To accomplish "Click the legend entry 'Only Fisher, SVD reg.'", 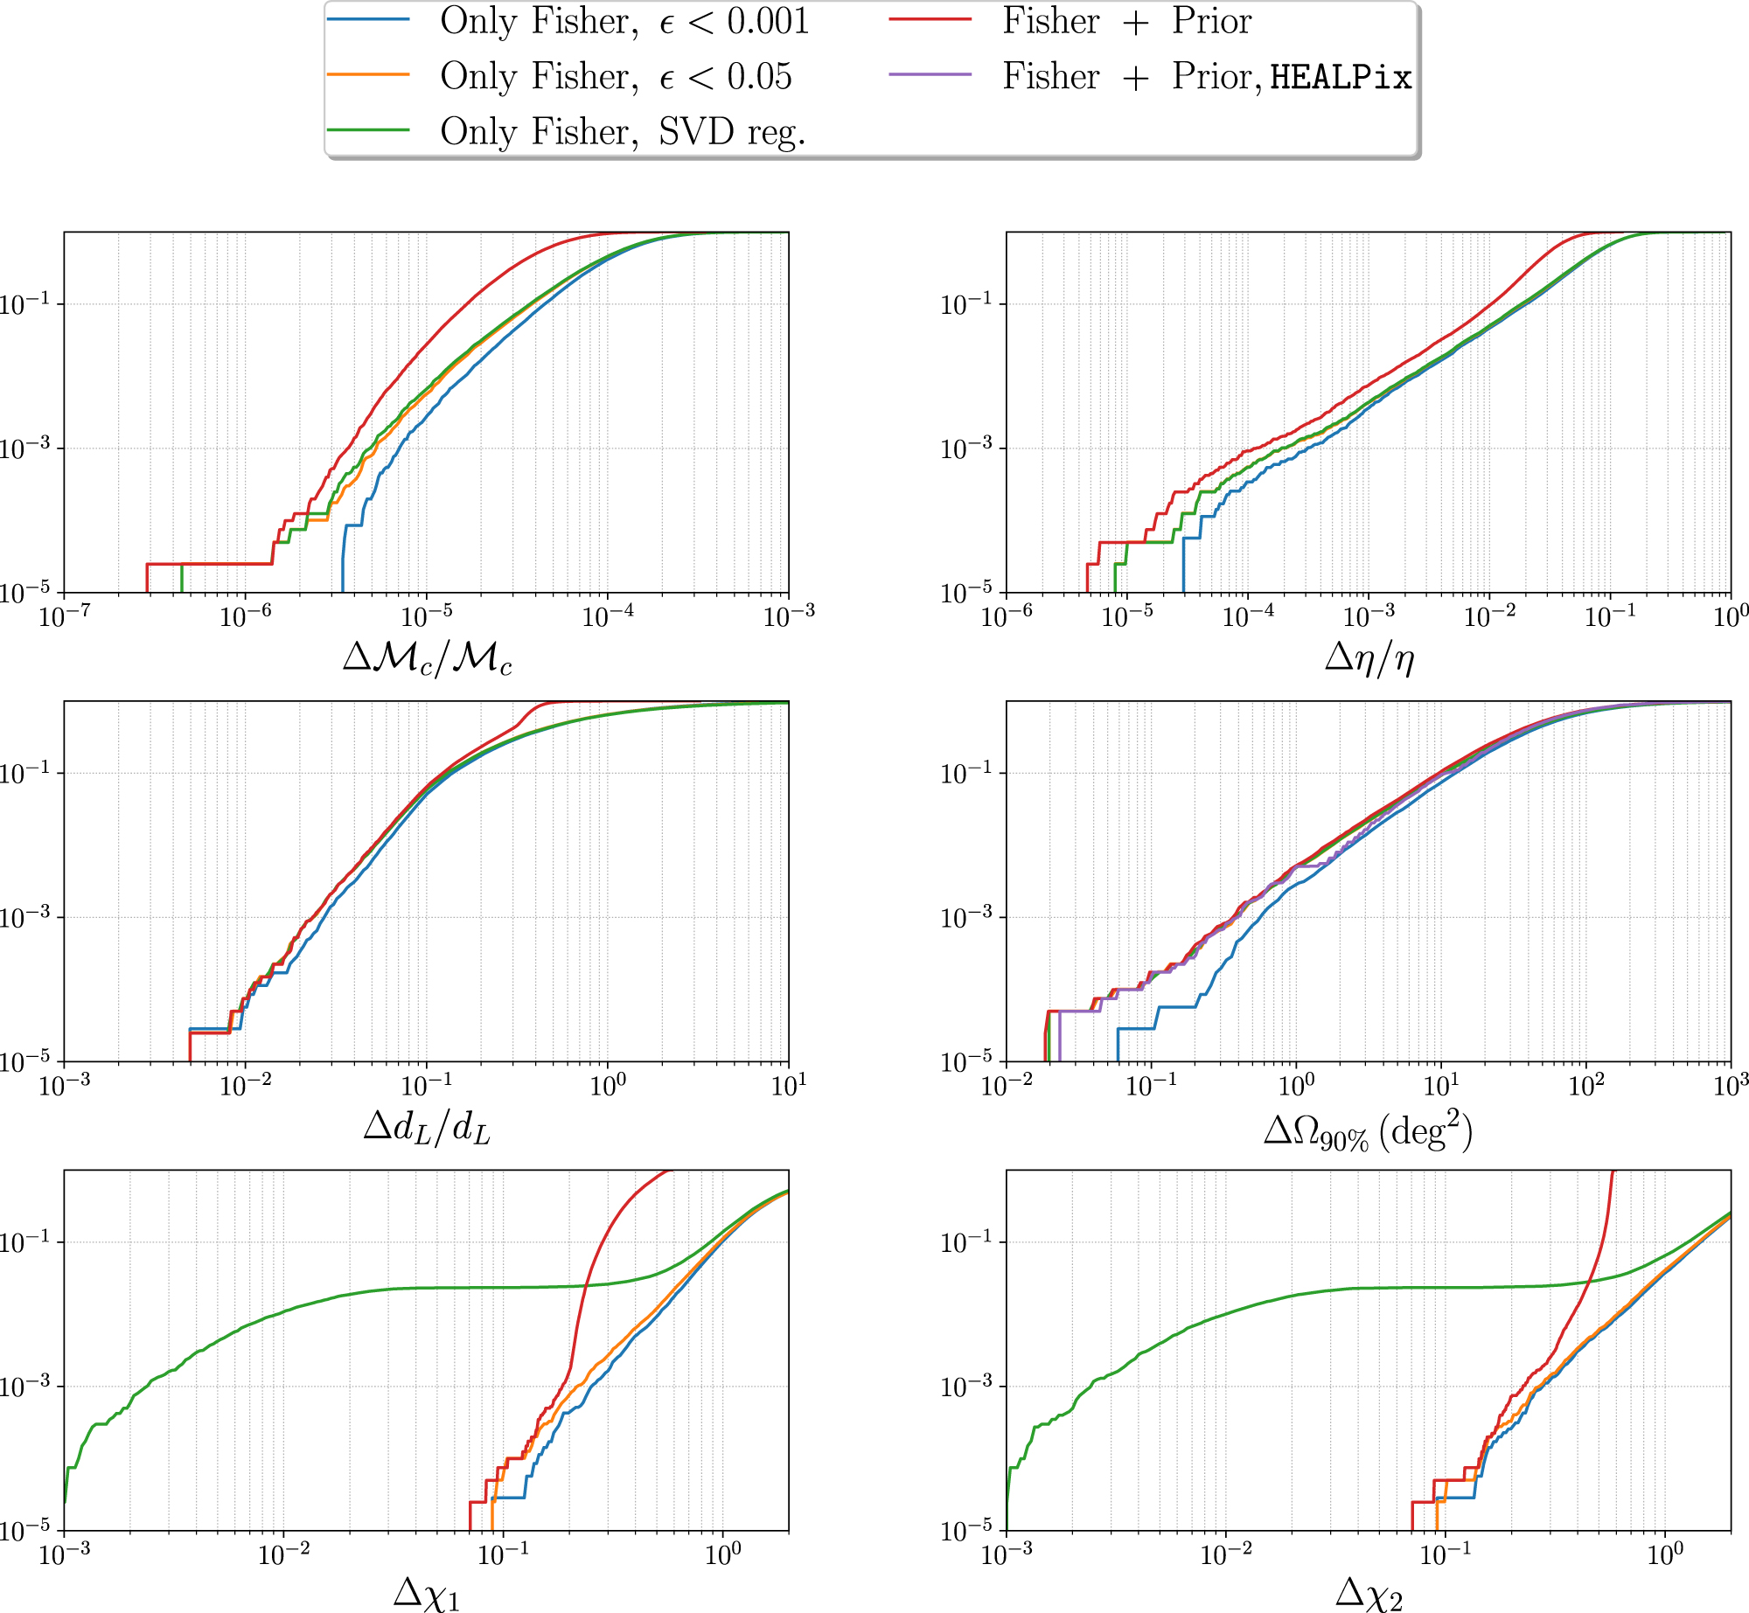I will [x=623, y=131].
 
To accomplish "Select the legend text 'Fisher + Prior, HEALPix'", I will [x=1207, y=77].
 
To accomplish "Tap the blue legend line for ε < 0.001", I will [x=368, y=19].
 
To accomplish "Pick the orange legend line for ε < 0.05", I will [x=368, y=75].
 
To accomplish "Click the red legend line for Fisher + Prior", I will [x=930, y=19].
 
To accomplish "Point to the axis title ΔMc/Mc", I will [x=427, y=657].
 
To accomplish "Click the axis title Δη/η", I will [x=1369, y=657].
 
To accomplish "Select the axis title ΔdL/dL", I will [x=427, y=1128].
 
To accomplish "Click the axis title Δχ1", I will [x=427, y=1594].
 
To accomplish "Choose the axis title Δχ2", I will [x=1369, y=1594].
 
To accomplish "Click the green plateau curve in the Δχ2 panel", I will [x=1443, y=1288].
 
